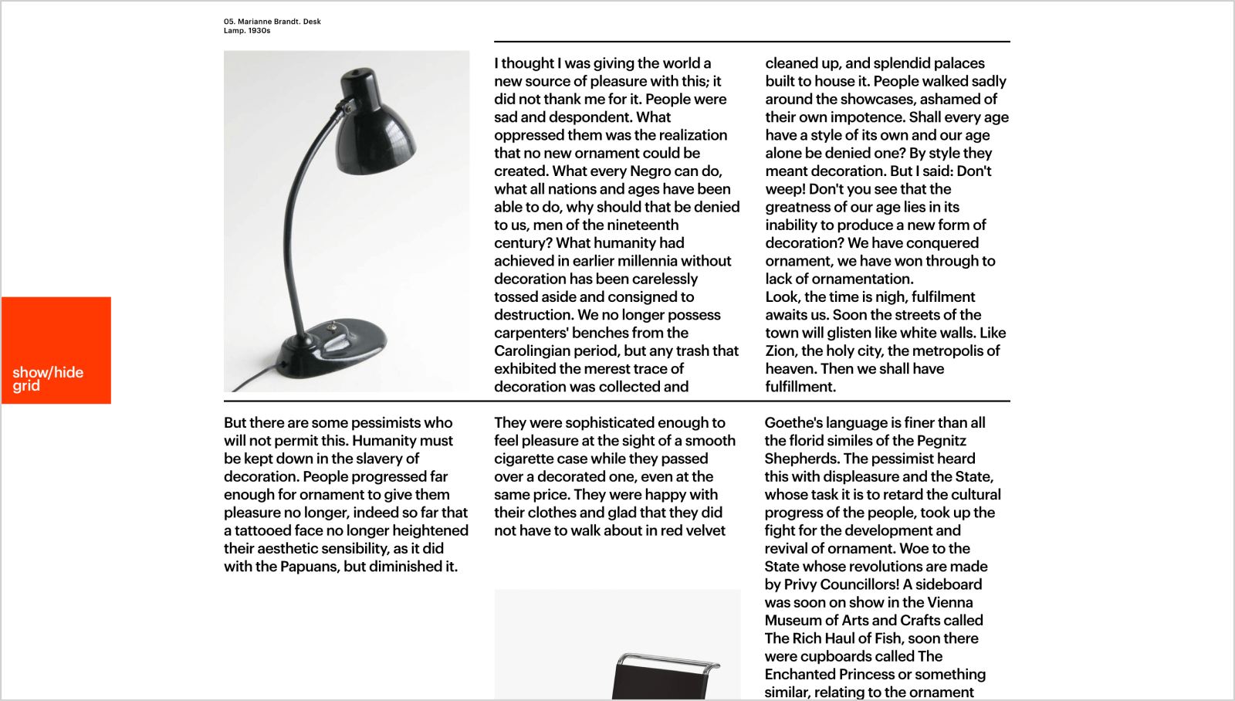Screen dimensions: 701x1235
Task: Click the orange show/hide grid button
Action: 56,350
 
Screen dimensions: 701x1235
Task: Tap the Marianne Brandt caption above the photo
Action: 272,26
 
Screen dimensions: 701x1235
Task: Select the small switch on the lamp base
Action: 333,327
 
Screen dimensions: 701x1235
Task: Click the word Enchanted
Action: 800,674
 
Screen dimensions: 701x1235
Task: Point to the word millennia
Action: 651,261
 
